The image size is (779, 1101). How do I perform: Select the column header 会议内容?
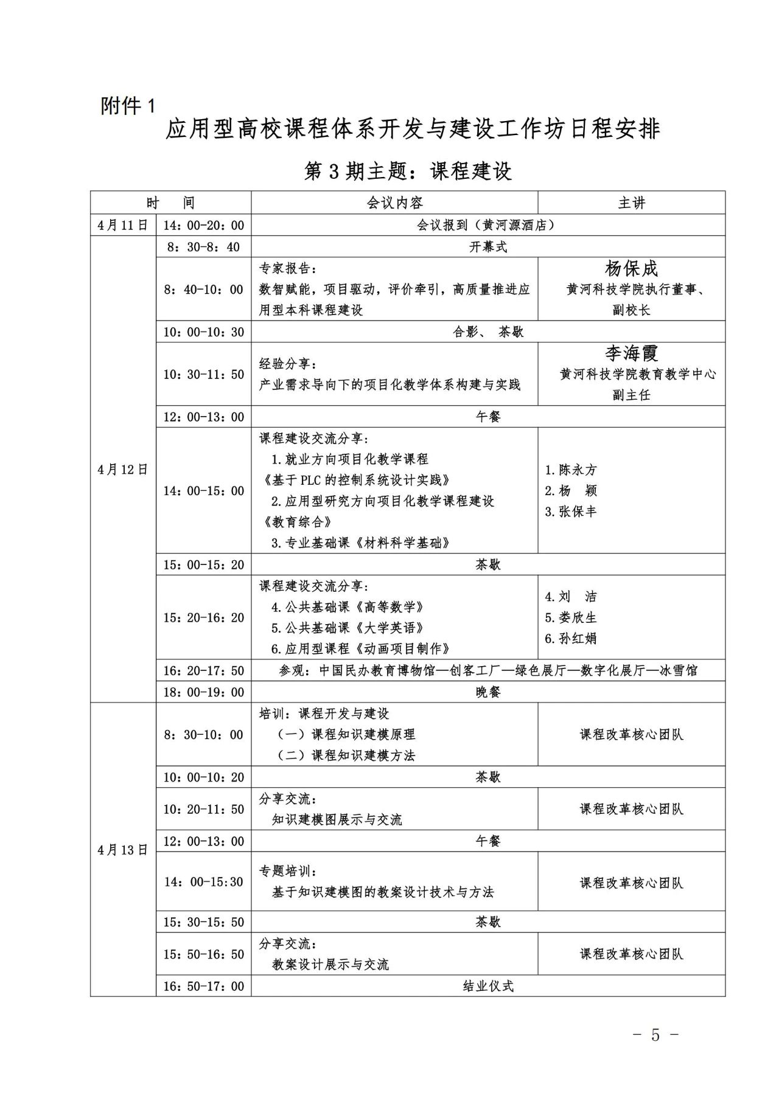click(x=394, y=203)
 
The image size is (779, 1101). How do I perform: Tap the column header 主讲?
click(x=631, y=203)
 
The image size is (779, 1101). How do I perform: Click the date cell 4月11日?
click(x=123, y=225)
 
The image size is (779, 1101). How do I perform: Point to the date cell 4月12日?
click(x=123, y=470)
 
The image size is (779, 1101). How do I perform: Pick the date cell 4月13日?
click(x=123, y=850)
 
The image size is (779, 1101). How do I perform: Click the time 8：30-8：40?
click(x=203, y=247)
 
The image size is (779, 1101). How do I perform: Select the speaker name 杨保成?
click(x=631, y=269)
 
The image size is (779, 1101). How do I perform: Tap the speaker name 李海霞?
click(x=631, y=353)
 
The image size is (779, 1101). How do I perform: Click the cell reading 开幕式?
click(x=488, y=247)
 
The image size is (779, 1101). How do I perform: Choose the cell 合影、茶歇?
click(x=488, y=332)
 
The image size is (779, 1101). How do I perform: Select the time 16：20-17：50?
click(x=203, y=671)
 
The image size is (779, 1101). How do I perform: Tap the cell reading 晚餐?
click(x=488, y=692)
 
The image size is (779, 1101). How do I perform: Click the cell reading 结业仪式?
click(x=488, y=986)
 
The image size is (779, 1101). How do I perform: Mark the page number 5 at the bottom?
click(x=655, y=1035)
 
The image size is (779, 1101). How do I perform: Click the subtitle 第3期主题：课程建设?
click(x=408, y=172)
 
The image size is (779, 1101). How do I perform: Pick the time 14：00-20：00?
click(x=203, y=225)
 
